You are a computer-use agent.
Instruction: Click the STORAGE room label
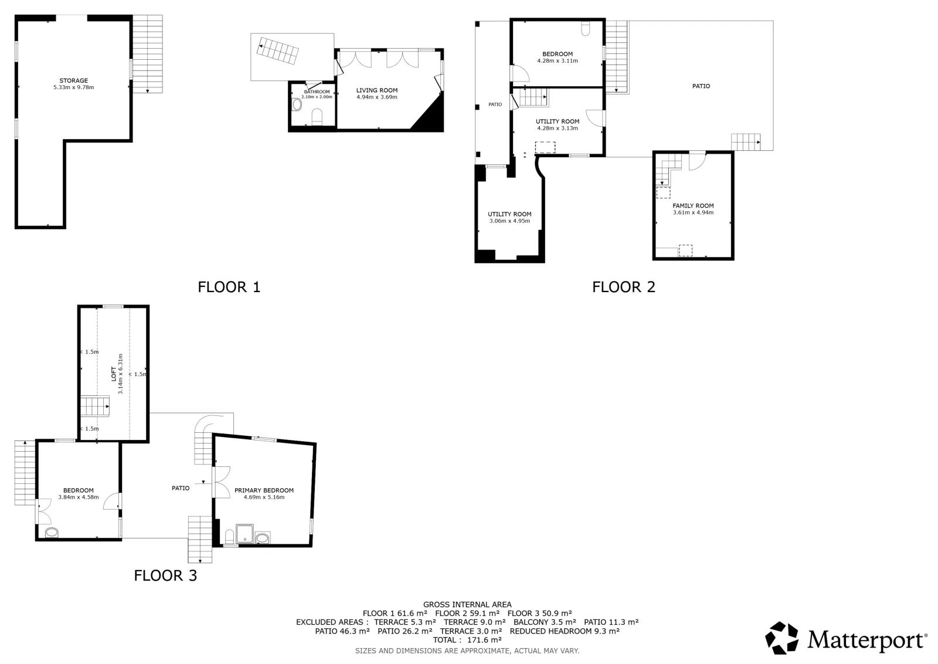(74, 80)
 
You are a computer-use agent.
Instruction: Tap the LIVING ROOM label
(377, 90)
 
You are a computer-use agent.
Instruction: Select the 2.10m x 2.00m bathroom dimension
(317, 97)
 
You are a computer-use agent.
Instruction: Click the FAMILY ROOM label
(693, 206)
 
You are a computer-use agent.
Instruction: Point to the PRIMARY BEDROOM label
(264, 490)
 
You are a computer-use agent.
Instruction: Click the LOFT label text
(114, 374)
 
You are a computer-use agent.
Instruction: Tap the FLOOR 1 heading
(229, 287)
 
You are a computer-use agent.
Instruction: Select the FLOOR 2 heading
(624, 287)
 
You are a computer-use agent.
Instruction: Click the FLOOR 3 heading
(165, 575)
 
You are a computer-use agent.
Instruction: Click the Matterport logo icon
(781, 638)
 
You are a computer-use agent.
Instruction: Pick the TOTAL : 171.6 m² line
(467, 640)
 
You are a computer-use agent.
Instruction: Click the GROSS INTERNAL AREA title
(467, 605)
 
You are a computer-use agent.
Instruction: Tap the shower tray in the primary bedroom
(244, 534)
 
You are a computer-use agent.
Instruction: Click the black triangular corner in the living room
(431, 115)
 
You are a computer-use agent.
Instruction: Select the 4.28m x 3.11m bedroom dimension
(558, 61)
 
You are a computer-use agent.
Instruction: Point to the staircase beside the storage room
(147, 54)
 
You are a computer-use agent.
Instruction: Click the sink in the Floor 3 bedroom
(52, 533)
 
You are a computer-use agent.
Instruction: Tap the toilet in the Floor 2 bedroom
(586, 28)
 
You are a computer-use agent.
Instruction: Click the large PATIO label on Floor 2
(701, 86)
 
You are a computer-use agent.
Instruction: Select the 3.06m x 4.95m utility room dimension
(509, 221)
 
